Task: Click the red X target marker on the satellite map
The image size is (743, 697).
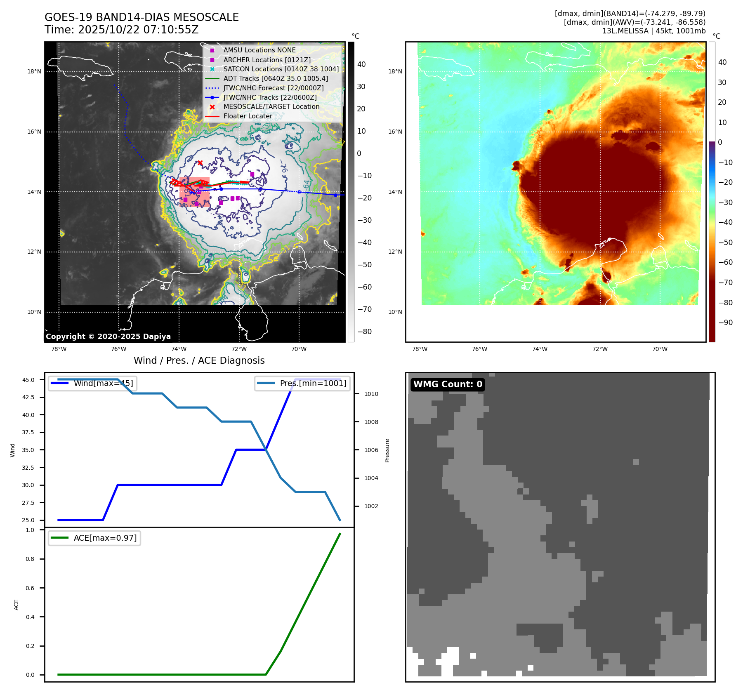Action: [200, 163]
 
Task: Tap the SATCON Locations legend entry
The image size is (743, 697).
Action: [281, 69]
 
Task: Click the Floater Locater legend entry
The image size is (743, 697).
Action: [248, 116]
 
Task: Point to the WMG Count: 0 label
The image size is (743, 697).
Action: [448, 384]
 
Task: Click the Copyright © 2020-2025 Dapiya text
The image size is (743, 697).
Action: [108, 337]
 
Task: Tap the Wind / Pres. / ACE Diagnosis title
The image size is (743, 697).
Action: [199, 360]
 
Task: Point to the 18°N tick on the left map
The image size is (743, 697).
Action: [34, 71]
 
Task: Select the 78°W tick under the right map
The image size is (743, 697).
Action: [420, 349]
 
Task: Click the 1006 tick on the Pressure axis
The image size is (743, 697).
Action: [371, 450]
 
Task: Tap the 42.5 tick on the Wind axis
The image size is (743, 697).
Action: [28, 397]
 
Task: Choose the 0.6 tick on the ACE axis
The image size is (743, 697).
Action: [30, 588]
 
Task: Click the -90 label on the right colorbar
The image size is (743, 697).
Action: [725, 323]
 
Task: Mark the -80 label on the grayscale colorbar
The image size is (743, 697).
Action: [364, 332]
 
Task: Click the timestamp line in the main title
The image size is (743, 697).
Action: [122, 30]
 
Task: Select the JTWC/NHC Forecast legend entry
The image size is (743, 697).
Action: [273, 88]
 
